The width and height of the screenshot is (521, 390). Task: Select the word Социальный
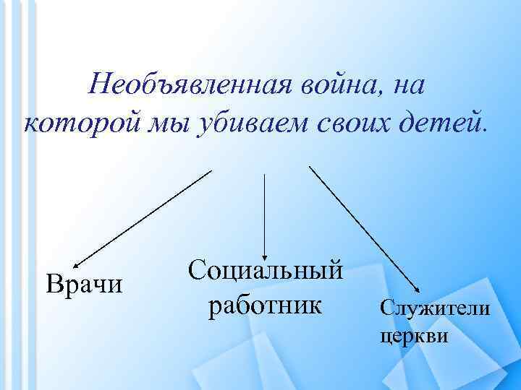[x=264, y=271]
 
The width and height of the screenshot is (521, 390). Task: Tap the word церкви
[x=413, y=335]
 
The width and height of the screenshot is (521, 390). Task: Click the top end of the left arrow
[x=211, y=171]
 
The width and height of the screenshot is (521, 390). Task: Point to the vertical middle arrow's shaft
[x=265, y=209]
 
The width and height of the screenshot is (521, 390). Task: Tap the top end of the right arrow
[x=310, y=167]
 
